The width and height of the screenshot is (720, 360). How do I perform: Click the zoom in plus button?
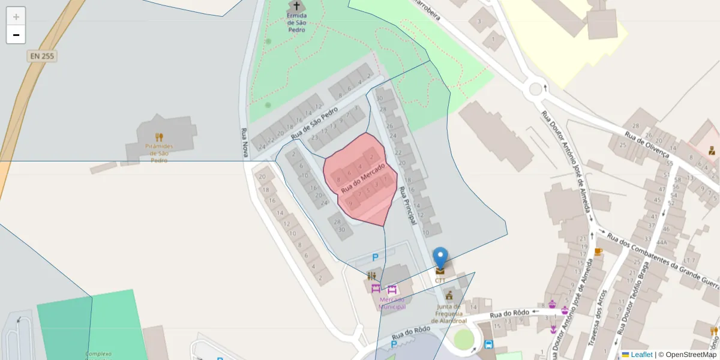(x=16, y=17)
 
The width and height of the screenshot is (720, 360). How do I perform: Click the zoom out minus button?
(x=16, y=35)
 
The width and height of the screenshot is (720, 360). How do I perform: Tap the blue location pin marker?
(x=440, y=259)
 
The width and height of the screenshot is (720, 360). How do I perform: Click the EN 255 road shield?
(x=42, y=56)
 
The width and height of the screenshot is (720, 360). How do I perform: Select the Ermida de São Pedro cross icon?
(x=296, y=6)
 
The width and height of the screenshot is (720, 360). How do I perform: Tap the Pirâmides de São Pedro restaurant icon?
(x=159, y=137)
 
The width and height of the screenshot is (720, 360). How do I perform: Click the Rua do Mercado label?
(x=362, y=178)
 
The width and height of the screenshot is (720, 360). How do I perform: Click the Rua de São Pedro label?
(x=314, y=124)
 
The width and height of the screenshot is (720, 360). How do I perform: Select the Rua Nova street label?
(x=245, y=144)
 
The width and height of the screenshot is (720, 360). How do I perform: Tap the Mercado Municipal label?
(x=392, y=303)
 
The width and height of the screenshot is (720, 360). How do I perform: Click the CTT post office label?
(x=440, y=280)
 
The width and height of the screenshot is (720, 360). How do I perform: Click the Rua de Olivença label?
(x=646, y=144)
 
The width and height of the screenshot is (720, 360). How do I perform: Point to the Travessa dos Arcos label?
(x=596, y=318)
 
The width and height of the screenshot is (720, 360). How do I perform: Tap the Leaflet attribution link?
(x=641, y=355)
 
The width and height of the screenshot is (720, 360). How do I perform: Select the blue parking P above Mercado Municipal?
(x=376, y=257)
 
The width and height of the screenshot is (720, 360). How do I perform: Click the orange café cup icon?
(x=598, y=251)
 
